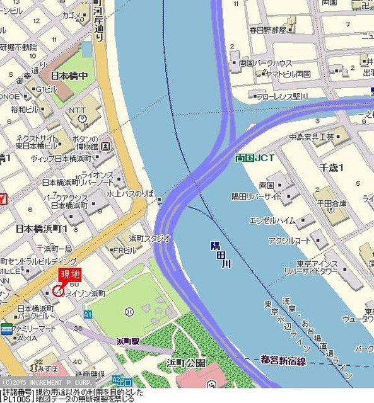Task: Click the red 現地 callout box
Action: tap(70, 275)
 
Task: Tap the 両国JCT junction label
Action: tap(254, 157)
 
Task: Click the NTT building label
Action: tap(78, 110)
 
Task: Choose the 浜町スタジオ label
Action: tap(149, 238)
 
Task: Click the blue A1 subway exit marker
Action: tap(88, 314)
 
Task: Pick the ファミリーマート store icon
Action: tap(6, 328)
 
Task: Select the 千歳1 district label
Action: tap(331, 167)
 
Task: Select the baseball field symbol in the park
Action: tap(129, 311)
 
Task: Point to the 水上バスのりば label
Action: tap(131, 195)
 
